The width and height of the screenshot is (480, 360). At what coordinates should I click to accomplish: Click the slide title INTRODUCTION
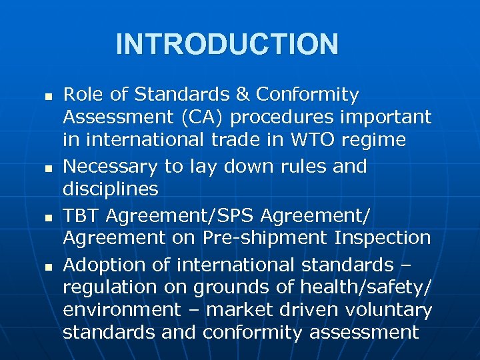coord(227,44)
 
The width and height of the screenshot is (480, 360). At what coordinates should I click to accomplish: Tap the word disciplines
coord(111,189)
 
